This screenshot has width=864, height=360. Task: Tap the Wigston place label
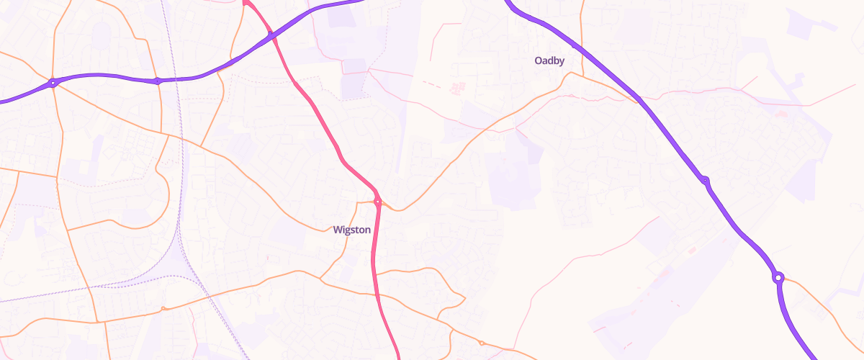coord(352,230)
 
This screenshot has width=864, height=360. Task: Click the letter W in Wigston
coord(337,230)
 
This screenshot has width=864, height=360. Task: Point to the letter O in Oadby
coord(538,61)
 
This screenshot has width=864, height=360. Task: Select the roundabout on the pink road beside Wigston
coord(377,201)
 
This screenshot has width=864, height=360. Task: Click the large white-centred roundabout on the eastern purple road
coord(778,277)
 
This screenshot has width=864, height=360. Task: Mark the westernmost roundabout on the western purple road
coord(53,83)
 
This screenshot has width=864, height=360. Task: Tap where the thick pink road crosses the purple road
coord(271,35)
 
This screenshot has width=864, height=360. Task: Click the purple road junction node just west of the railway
coord(158,81)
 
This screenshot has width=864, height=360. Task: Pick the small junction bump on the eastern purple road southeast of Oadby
coord(704,180)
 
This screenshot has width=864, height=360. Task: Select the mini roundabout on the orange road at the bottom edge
coord(481,343)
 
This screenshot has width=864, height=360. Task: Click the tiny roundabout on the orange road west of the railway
coord(164,309)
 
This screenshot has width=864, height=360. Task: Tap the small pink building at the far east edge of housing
coord(783,113)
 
